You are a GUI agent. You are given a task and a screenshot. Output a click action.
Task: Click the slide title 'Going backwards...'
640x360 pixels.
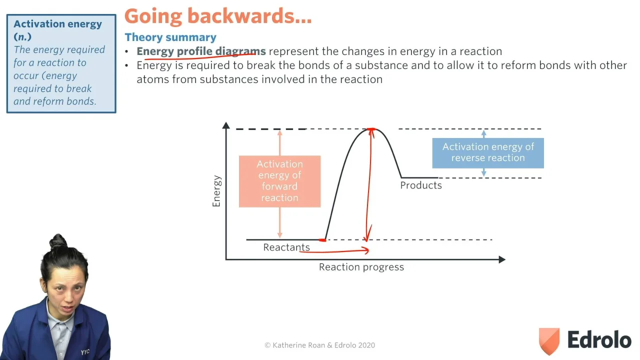(x=218, y=16)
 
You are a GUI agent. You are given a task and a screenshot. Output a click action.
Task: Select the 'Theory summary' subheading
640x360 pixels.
(x=170, y=37)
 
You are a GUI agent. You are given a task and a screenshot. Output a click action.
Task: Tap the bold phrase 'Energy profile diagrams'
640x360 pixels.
(x=201, y=51)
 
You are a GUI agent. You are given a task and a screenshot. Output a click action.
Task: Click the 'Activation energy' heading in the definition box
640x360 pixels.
(x=57, y=24)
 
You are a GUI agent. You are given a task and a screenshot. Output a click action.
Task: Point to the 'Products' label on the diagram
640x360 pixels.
(x=421, y=185)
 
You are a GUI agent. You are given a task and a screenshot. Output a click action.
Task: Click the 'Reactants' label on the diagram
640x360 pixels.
(x=286, y=247)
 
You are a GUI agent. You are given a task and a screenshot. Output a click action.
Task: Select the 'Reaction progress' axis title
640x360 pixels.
(x=361, y=267)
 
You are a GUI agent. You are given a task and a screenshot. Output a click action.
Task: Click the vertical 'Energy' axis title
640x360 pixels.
(x=216, y=191)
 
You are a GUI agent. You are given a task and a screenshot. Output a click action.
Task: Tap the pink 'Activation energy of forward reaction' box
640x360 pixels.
(x=279, y=181)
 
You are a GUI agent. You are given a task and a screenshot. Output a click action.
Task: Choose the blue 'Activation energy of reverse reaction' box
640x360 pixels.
(x=488, y=153)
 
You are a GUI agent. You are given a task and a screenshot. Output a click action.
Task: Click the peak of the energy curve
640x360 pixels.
(x=371, y=129)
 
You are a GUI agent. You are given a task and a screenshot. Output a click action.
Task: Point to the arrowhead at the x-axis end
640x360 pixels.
(x=502, y=259)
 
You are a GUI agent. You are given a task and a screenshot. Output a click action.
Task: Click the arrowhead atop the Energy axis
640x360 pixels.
(x=226, y=125)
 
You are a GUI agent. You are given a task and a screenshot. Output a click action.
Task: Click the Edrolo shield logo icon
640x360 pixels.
(x=549, y=341)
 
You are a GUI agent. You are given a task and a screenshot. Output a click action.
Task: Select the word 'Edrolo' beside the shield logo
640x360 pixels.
(x=599, y=339)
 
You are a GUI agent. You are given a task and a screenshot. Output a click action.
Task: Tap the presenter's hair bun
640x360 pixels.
(x=58, y=241)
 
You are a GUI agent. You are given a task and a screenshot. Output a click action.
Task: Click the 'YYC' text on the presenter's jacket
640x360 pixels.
(x=85, y=351)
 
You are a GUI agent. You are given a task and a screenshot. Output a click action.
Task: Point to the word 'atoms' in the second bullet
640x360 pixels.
(x=153, y=79)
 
